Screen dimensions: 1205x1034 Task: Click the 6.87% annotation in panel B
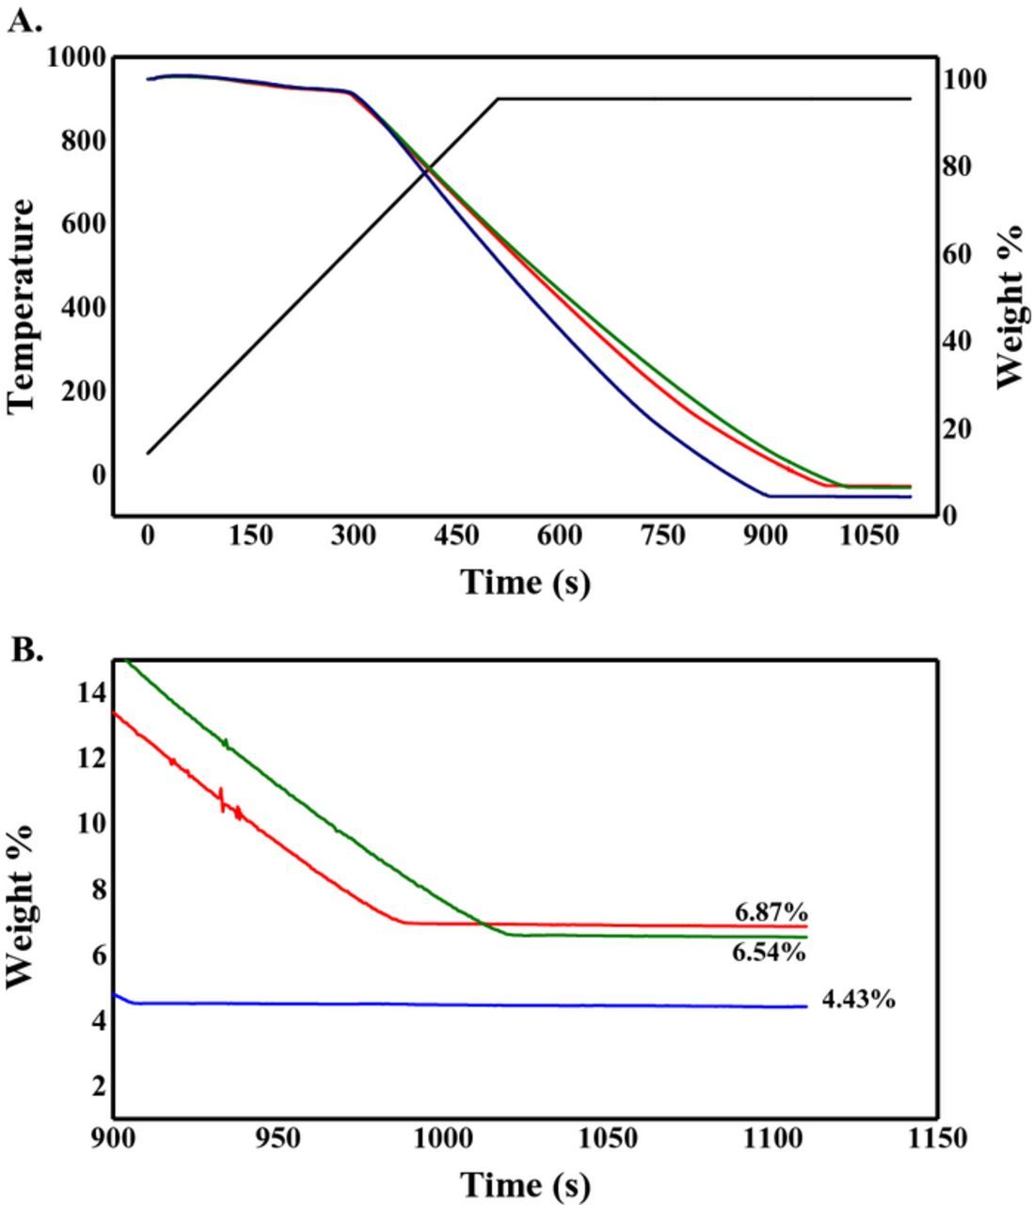pos(771,911)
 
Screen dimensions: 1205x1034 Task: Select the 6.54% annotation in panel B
pos(769,953)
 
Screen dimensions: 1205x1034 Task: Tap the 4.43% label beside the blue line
pos(858,1000)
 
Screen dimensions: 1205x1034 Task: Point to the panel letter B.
pos(26,650)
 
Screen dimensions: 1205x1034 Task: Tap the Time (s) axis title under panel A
pos(525,582)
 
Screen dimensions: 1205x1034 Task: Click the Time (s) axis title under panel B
pos(525,1183)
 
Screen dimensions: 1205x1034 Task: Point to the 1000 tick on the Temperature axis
pos(76,56)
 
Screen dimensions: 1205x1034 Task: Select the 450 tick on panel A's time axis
pos(455,537)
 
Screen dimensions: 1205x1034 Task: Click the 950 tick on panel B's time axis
pos(278,1138)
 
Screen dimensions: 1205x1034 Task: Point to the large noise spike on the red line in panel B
pos(221,799)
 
